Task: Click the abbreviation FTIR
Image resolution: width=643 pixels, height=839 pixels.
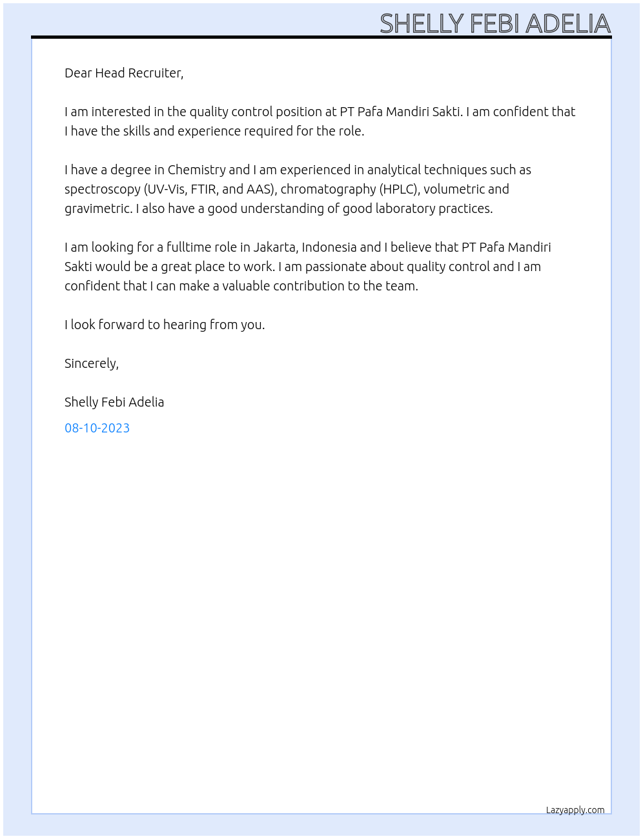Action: point(204,189)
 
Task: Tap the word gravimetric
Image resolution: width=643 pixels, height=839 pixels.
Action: point(98,208)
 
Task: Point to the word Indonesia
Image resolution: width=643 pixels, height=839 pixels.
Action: point(329,247)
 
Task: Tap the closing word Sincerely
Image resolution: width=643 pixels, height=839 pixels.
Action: point(91,363)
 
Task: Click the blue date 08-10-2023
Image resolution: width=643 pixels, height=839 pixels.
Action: point(97,428)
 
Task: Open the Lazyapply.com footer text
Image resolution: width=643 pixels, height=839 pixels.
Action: point(575,810)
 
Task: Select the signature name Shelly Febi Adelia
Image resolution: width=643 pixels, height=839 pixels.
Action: point(114,402)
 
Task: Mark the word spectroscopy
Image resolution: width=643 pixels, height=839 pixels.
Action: point(102,190)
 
